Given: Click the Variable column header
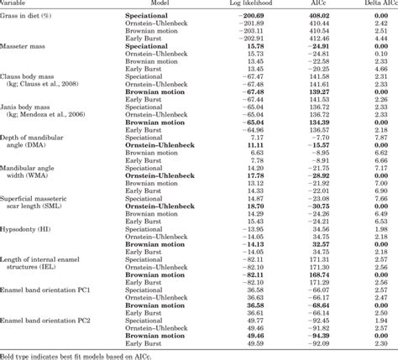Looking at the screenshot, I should tap(18, 3).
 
